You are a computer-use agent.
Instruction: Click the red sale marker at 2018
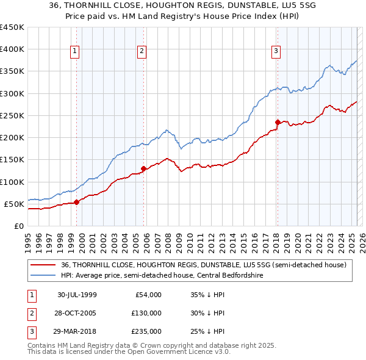[x=278, y=122]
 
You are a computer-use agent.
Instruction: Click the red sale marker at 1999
[x=76, y=202]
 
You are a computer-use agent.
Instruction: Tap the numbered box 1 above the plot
[x=74, y=51]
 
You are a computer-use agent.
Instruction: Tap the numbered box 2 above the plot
[x=142, y=51]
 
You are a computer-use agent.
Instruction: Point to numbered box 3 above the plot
[x=276, y=51]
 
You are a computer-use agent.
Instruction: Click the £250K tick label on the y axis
[x=12, y=115]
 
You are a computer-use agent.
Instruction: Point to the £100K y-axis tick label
[x=12, y=182]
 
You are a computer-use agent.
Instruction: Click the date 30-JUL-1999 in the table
[x=78, y=295]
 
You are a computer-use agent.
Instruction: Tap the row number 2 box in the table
[x=30, y=313]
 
